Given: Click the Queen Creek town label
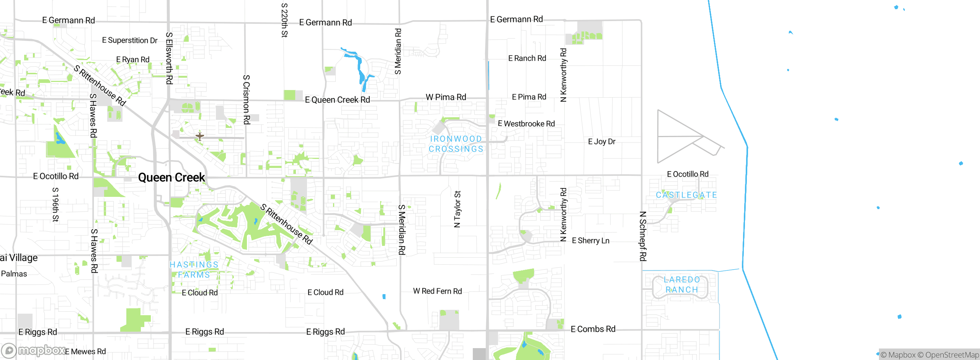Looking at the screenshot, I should point(171,177).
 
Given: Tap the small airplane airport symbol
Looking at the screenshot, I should point(200,136).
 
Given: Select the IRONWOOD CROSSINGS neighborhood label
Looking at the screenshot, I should point(456,144).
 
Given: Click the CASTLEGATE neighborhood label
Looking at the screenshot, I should point(686,195).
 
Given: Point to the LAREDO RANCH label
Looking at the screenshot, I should point(682,285).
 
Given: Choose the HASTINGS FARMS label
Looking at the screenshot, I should point(194,270).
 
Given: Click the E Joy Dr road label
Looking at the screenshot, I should point(601,142).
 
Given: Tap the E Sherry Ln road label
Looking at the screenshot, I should point(590,241).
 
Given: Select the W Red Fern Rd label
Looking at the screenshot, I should point(437,291).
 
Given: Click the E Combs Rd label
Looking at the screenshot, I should point(593,329).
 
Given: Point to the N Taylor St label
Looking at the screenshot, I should point(457,209).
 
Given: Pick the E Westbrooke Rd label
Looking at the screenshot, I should point(526,124).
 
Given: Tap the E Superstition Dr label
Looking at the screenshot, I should point(130,40).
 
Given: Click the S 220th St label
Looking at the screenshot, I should point(284,20).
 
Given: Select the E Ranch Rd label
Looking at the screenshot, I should point(527,58).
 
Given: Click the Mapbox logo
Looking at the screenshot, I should point(33,350).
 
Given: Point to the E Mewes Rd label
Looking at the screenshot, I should point(85,352).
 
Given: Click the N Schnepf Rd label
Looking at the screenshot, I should point(643,236).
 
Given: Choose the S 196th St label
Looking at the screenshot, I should point(56,205).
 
